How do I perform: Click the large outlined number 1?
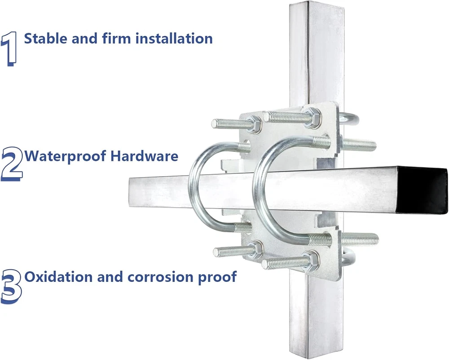pos(9,49)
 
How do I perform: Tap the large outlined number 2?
pos(12,164)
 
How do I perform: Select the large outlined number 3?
pos(11,286)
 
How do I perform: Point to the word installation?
pos(174,38)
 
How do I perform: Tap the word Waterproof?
pos(66,156)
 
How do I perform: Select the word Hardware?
pos(144,156)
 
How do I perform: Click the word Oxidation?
pos(59,276)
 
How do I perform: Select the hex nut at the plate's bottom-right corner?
pos(310,260)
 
